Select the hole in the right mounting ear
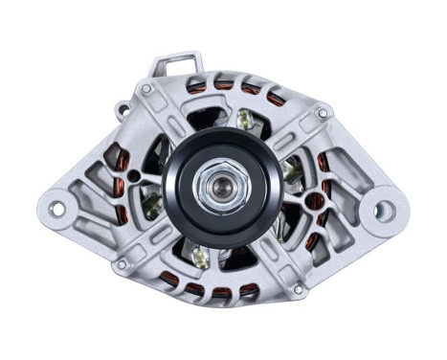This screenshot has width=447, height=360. (x=384, y=210)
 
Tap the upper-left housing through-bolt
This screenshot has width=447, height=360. (x=145, y=90)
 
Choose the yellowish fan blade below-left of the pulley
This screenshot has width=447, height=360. (x=200, y=255)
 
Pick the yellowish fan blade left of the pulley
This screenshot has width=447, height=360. (x=150, y=200)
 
